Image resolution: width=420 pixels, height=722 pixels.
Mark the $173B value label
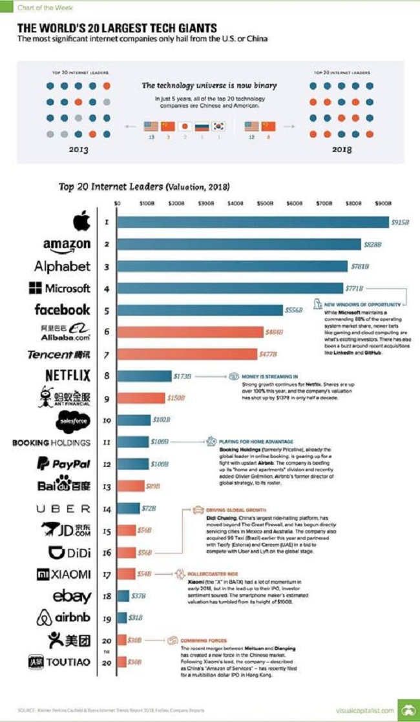click(x=181, y=375)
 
